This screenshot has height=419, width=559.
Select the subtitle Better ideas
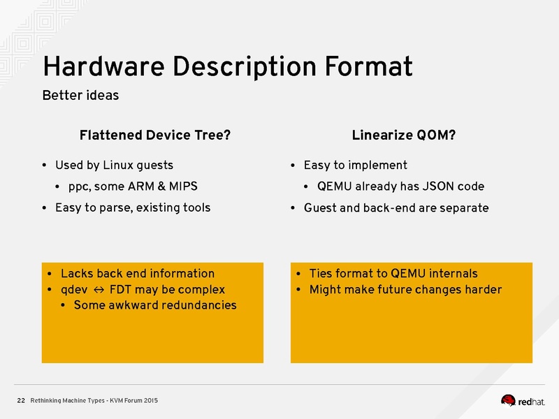click(80, 95)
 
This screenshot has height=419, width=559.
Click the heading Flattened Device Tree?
click(155, 135)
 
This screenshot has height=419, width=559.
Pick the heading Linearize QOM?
click(404, 135)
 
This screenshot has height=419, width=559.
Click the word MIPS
click(181, 186)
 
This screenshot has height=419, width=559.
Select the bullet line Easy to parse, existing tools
click(132, 207)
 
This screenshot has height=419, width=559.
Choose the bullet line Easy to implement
click(355, 166)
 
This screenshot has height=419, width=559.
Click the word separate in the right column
click(465, 207)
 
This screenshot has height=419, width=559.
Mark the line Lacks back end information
click(137, 274)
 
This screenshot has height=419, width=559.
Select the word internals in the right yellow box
click(452, 274)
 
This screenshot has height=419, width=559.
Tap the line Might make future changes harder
click(405, 290)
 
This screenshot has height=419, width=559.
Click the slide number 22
click(21, 400)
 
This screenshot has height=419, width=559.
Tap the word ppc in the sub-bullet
click(78, 187)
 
